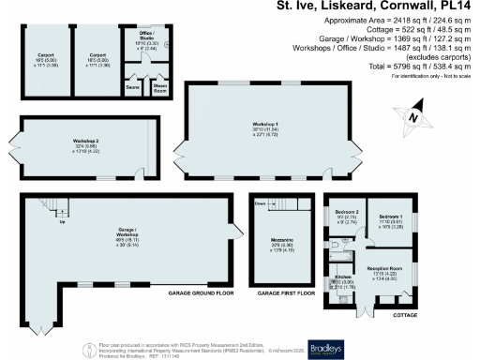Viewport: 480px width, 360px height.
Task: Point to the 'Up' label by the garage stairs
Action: [x=63, y=223]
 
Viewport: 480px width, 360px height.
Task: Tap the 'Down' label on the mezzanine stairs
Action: [x=259, y=202]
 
